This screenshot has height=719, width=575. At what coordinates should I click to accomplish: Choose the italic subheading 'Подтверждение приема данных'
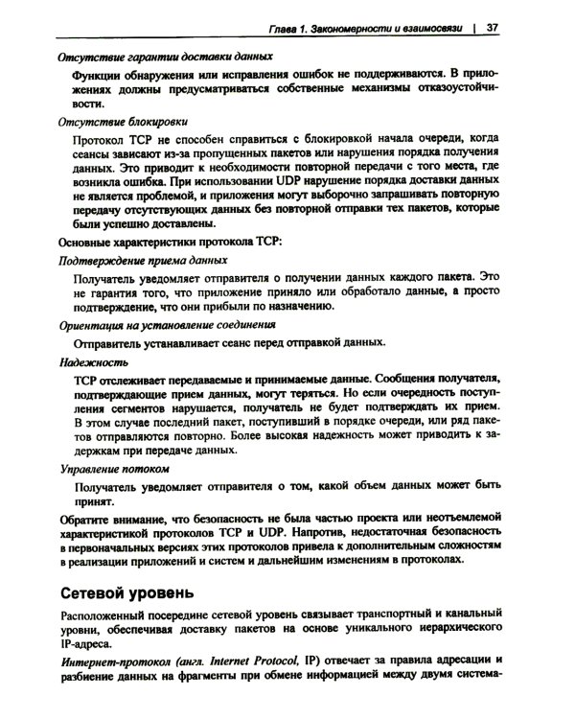coord(143,260)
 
